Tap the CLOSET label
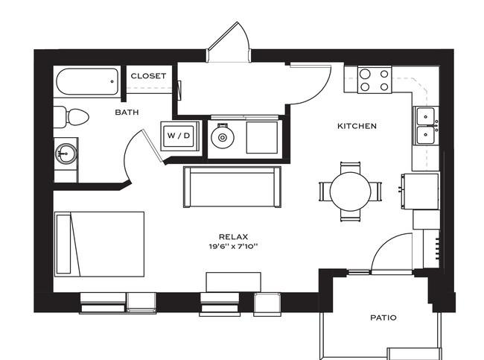coord(148,76)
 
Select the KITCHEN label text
coord(357,126)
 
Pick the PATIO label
coord(383,318)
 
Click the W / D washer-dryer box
coord(178,136)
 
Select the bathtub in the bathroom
coord(86,80)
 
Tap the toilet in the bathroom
coord(73,116)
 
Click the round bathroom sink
coord(66,154)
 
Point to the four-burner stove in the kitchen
coord(375,80)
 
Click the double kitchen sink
coord(426,125)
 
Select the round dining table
coord(351,192)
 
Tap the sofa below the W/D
coord(232,186)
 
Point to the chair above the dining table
coord(351,166)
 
